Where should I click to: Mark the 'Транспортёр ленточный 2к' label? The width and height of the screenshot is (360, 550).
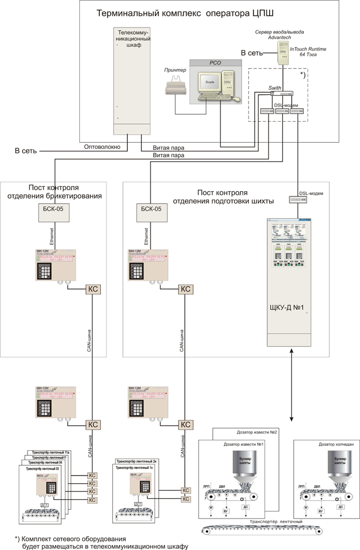click(137, 461)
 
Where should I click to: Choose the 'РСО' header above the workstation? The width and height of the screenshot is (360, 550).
click(214, 63)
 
